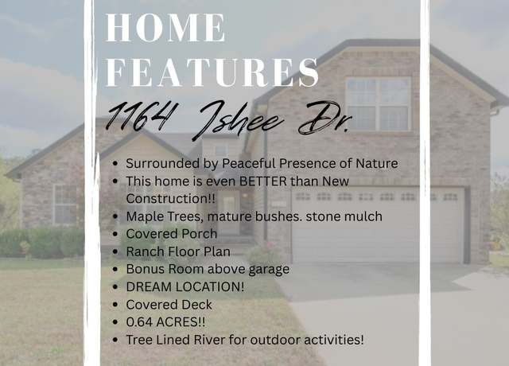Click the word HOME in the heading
pyautogui.click(x=165, y=28)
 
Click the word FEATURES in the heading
pyautogui.click(x=212, y=72)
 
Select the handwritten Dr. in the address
pyautogui.click(x=325, y=118)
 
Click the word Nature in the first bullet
pyautogui.click(x=377, y=163)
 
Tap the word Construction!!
pyautogui.click(x=170, y=198)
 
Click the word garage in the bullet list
pyautogui.click(x=269, y=270)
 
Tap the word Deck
pyautogui.click(x=196, y=305)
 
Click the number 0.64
pyautogui.click(x=139, y=322)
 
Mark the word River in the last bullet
pyautogui.click(x=209, y=340)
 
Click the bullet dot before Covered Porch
pyautogui.click(x=115, y=234)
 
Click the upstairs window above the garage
pyautogui.click(x=379, y=104)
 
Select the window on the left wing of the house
pyautogui.click(x=65, y=204)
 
